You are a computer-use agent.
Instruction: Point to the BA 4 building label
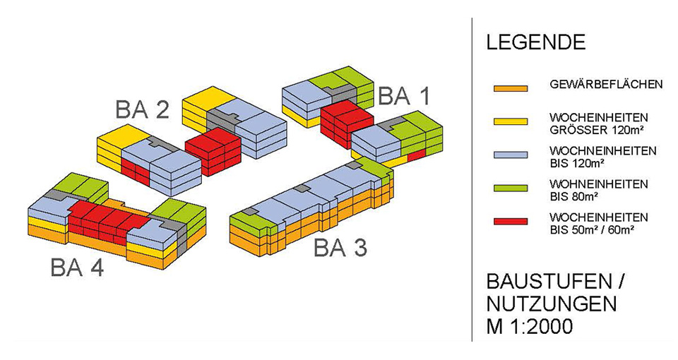[77, 268]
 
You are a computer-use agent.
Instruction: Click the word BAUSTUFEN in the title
[548, 283]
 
